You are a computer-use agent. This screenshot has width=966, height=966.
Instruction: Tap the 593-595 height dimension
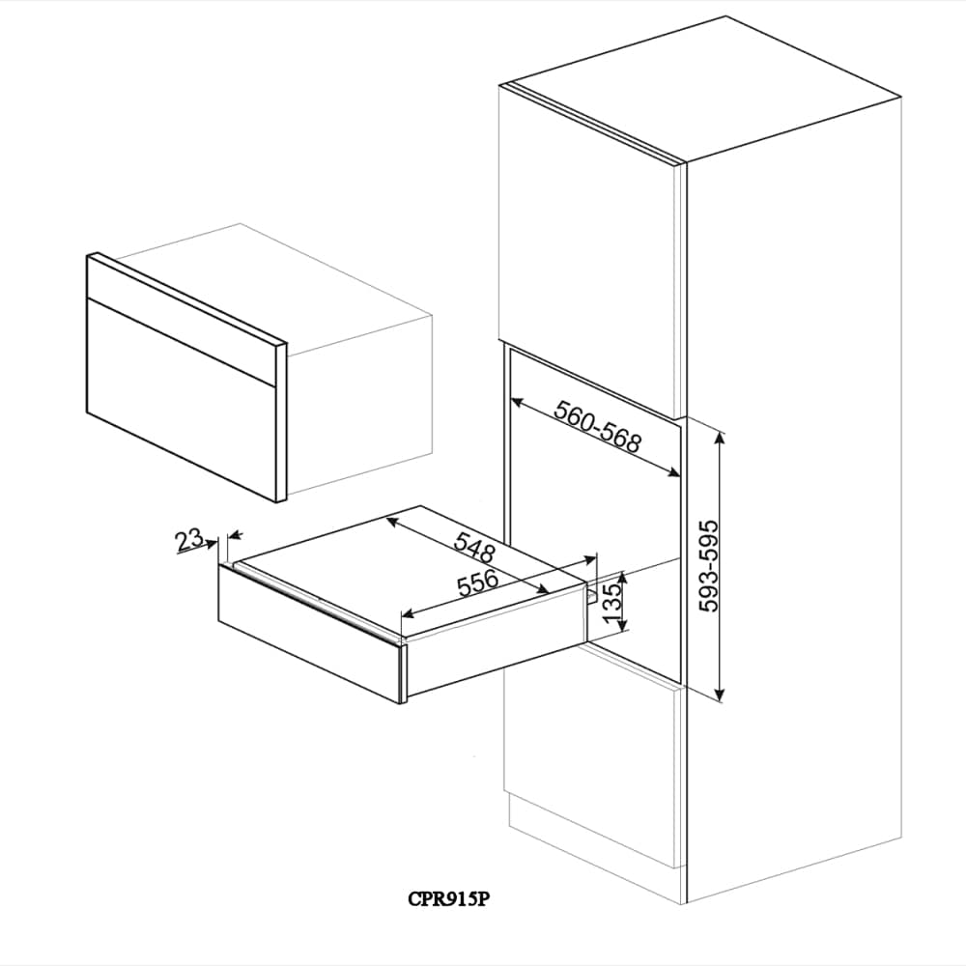[x=709, y=565]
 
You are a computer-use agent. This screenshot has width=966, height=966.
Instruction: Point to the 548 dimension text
[x=475, y=549]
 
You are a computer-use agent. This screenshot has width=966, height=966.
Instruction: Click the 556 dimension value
[x=477, y=582]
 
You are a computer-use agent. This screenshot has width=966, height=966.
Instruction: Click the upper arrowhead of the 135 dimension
[x=622, y=574]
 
